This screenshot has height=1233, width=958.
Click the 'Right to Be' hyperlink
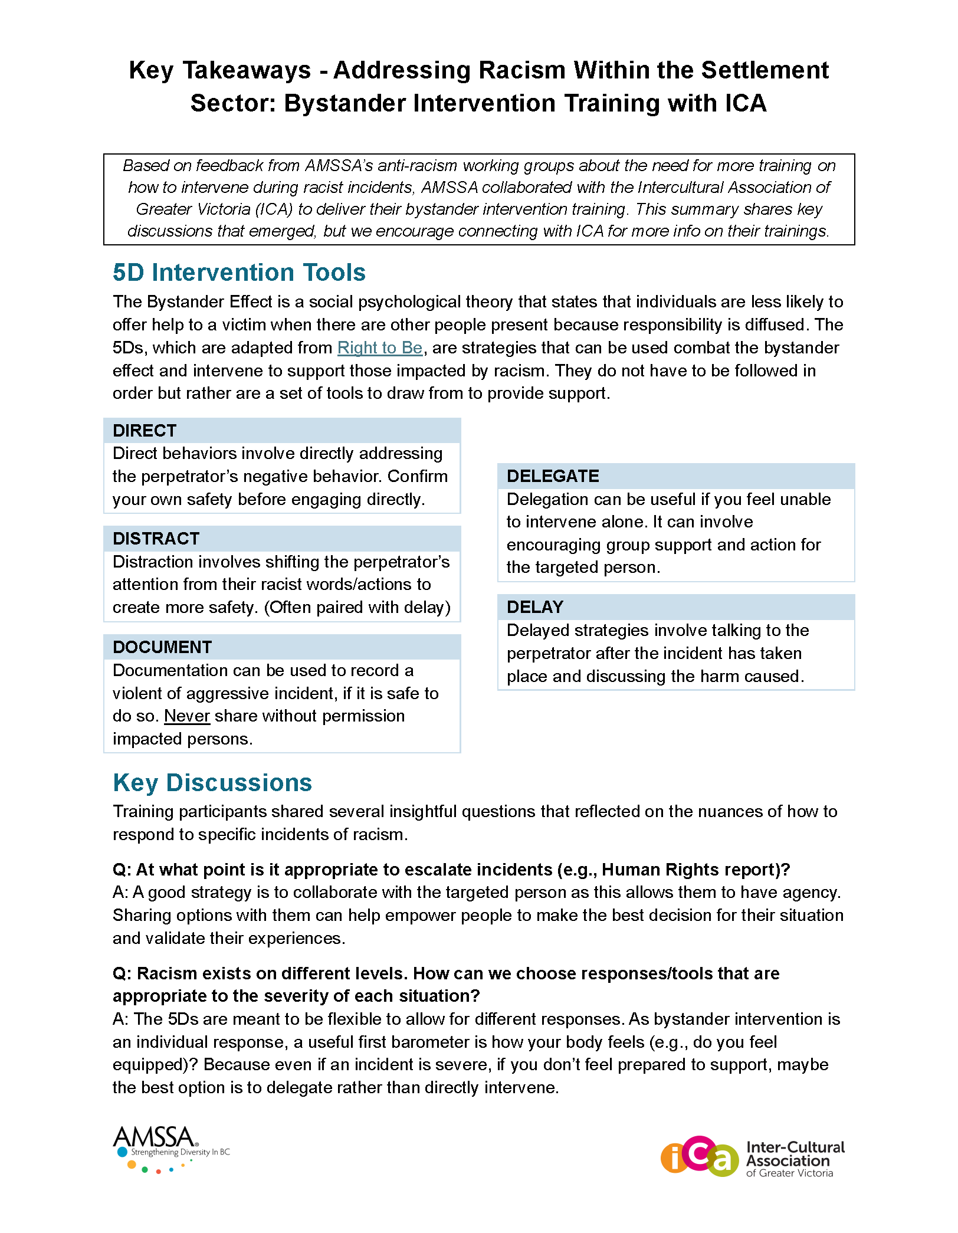tap(380, 348)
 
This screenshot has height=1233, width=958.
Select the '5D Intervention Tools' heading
tap(239, 273)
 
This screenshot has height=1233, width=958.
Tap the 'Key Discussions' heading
tap(212, 783)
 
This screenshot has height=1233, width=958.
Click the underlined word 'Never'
tap(187, 716)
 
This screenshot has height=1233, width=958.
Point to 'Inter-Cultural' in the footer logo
tap(795, 1147)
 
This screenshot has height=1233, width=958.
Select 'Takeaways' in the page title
tap(247, 70)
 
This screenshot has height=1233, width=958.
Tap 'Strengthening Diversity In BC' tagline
tap(180, 1152)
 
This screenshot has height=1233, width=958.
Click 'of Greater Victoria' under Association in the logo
tap(789, 1173)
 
